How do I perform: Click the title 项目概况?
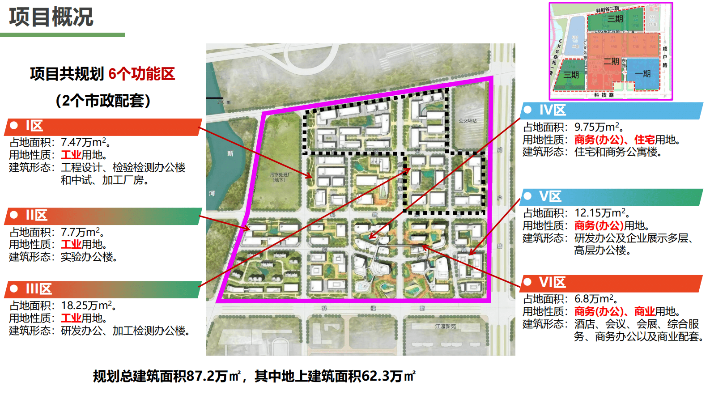point(51,17)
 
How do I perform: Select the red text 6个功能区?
point(141,74)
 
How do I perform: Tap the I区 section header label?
point(34,126)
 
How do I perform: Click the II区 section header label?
point(36,216)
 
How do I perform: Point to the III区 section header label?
point(38,289)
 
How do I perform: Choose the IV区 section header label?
point(553,110)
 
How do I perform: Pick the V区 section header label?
point(550,196)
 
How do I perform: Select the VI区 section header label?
point(552,282)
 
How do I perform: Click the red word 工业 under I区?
point(71,155)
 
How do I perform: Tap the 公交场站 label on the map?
point(468,121)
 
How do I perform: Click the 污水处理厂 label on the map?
point(281,175)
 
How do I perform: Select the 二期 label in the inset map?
point(611,61)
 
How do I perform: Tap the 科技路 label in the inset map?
point(604,95)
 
